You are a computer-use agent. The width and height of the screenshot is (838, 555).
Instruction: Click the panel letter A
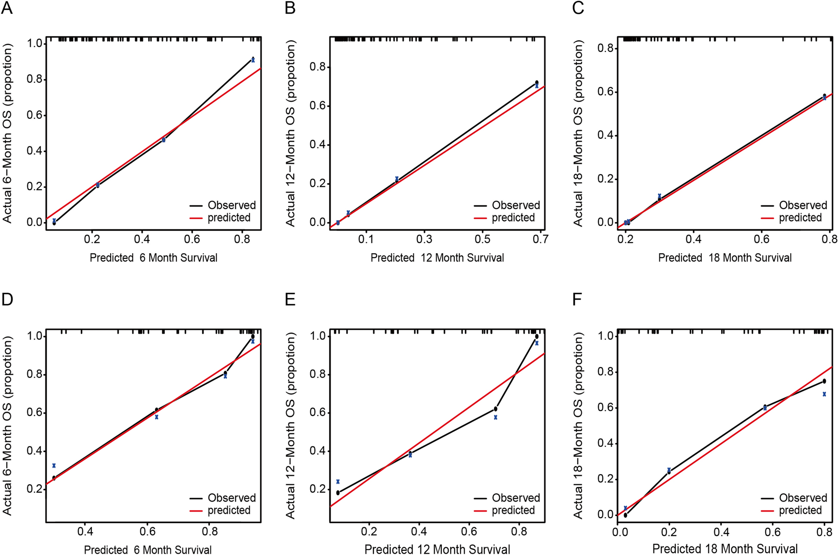point(7,8)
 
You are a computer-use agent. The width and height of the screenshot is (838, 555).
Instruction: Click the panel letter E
point(290,299)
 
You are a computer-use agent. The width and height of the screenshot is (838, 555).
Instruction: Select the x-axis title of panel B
point(437,258)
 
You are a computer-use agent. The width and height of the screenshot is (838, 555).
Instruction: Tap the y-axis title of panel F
point(578,425)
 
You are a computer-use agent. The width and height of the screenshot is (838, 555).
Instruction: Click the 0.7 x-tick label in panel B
point(540,239)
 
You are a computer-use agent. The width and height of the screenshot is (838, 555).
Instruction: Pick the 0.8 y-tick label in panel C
point(605,48)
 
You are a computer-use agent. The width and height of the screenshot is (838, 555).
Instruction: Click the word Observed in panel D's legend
point(231,498)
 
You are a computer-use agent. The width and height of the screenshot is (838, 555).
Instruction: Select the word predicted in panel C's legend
point(800,217)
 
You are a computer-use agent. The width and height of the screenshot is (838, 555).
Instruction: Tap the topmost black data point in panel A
point(253,59)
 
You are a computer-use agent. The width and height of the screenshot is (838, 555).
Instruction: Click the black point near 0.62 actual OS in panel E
point(496,409)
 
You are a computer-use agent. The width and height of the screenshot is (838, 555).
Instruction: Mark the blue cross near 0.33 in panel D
point(54,465)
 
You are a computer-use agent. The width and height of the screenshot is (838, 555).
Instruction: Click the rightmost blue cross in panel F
point(824,394)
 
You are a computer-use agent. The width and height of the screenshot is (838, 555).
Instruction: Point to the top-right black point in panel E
point(536,336)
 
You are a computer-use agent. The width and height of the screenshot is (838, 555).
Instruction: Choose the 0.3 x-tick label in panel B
point(424,239)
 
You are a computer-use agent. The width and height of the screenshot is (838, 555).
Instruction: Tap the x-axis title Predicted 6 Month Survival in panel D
point(148,550)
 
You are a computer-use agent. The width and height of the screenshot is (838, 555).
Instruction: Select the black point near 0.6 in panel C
point(824,96)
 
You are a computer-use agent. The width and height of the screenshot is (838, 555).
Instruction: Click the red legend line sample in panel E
point(480,511)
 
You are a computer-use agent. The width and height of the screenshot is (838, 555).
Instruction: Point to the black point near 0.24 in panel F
point(669,472)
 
